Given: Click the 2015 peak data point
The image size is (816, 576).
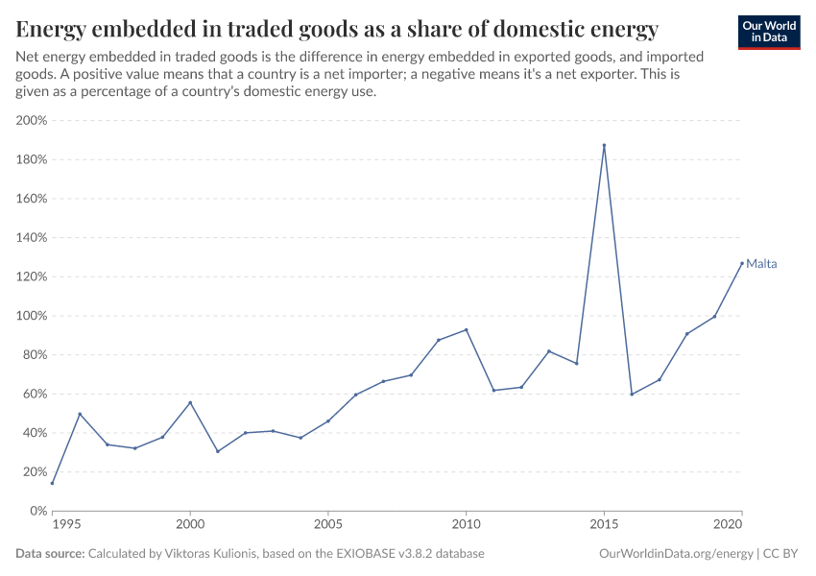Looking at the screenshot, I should [604, 145].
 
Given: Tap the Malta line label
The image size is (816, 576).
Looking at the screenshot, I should [761, 264].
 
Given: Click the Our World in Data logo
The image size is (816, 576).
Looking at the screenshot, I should [768, 31].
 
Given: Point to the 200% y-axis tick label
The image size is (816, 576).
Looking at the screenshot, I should [32, 121].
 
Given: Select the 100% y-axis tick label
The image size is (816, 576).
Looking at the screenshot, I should [32, 316].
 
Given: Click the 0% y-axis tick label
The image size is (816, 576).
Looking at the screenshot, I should [38, 511].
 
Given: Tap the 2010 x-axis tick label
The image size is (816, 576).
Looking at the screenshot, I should [466, 527].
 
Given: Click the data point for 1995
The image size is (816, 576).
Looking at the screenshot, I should [52, 483].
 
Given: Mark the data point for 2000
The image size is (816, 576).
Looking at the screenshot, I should [190, 402].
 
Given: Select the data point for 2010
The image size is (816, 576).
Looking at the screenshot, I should [466, 329].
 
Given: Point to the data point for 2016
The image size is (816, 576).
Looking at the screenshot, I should [632, 394].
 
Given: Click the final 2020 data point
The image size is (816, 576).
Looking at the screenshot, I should [742, 262].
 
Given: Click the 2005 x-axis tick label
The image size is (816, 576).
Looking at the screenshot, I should [328, 527].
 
